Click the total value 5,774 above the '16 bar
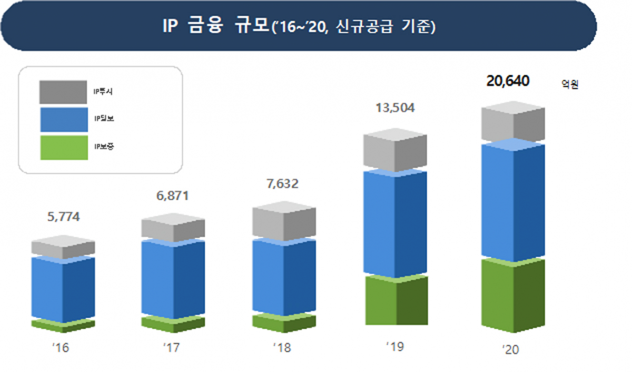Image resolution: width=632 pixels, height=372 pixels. pyautogui.click(x=63, y=217)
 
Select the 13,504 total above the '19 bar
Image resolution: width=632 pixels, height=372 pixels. pyautogui.click(x=396, y=108)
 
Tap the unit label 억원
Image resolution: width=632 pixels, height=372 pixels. pyautogui.click(x=570, y=84)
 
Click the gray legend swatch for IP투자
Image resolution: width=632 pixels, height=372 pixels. pyautogui.click(x=63, y=92)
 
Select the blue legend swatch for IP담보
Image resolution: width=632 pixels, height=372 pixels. pyautogui.click(x=63, y=120)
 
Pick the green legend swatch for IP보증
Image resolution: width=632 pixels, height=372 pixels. pyautogui.click(x=63, y=148)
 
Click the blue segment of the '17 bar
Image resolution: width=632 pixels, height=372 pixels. pyautogui.click(x=173, y=278)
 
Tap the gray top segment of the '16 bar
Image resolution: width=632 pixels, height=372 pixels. pyautogui.click(x=63, y=247)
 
